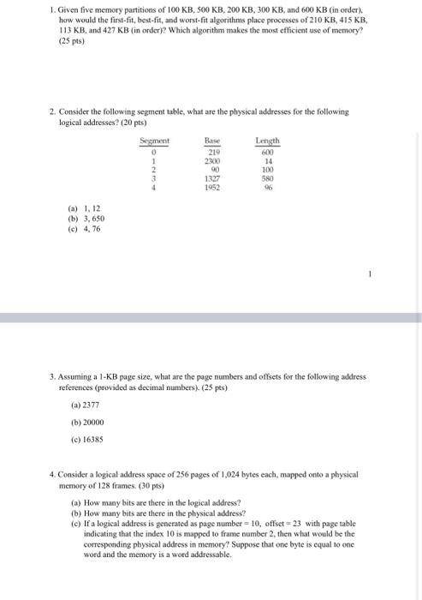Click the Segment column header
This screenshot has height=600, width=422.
pos(154,141)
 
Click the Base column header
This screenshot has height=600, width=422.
pos(213,141)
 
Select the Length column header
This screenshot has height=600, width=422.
pos(268,141)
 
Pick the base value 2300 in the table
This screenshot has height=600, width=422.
pos(213,160)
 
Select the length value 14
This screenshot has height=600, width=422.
pos(268,160)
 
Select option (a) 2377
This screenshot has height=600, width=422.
pos(86,405)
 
